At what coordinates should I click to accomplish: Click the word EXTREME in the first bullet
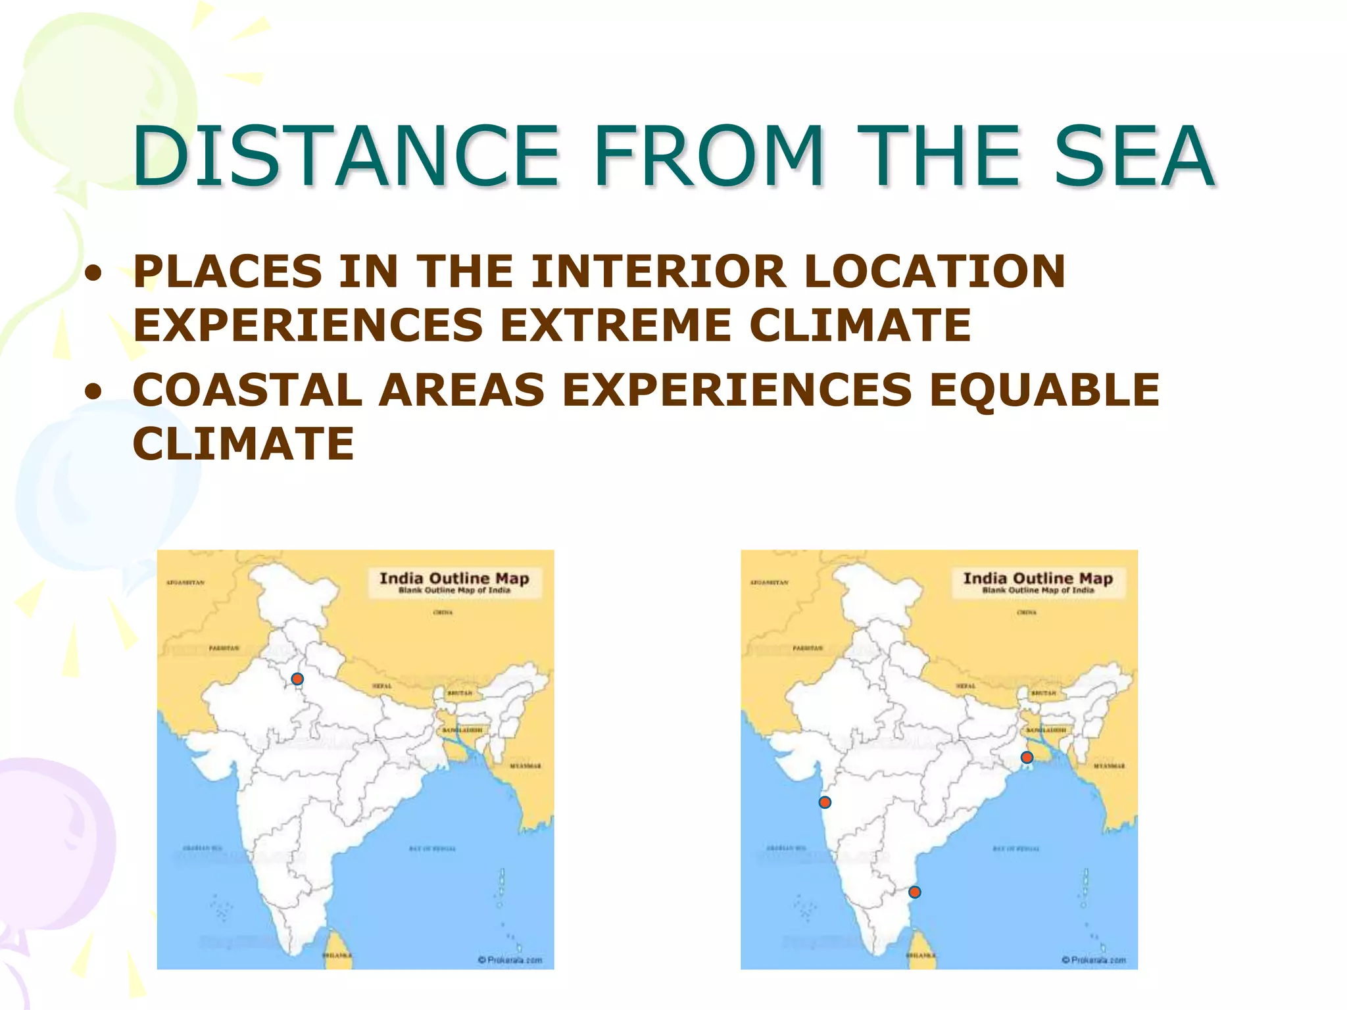616,325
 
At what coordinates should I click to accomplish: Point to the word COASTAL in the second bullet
247,389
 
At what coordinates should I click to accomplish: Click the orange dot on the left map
297,679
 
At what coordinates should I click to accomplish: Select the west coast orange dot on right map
825,802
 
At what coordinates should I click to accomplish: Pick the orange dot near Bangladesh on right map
1027,757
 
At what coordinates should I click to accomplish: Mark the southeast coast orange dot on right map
914,892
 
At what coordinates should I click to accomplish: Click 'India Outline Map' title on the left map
454,579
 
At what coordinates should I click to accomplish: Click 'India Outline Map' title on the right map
1038,579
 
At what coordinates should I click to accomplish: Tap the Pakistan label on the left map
224,648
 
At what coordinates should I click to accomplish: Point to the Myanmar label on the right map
1110,766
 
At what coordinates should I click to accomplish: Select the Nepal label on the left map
382,686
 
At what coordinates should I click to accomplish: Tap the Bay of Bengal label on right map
1016,849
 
